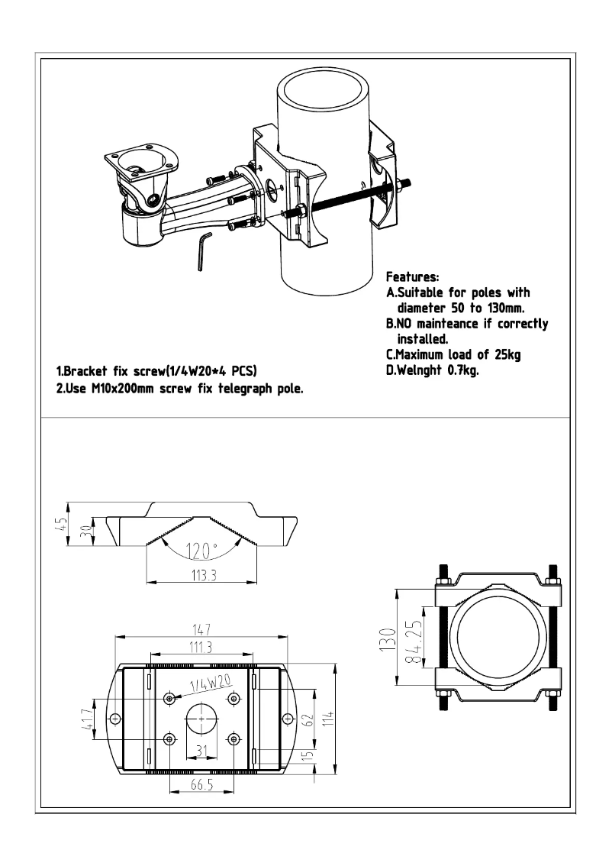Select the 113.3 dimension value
coord(200,575)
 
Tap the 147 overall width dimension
coord(201,629)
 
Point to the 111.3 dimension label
coord(201,648)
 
